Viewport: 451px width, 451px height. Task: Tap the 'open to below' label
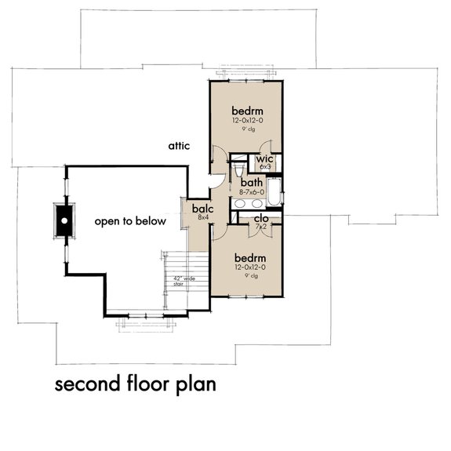pos(130,221)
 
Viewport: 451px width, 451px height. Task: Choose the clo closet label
pos(262,219)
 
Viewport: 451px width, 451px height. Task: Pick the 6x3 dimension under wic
pos(265,167)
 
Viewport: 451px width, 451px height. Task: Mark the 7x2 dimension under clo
pos(262,227)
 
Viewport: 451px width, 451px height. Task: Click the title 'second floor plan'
pos(134,385)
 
